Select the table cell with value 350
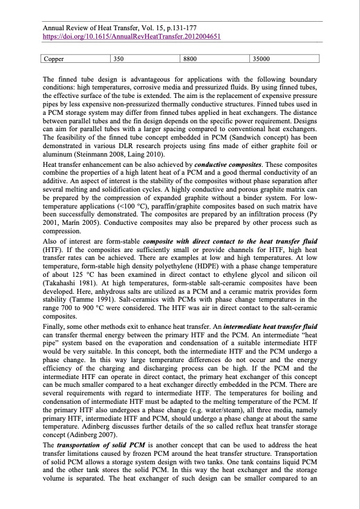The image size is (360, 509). click(x=119, y=59)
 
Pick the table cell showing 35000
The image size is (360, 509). click(x=261, y=59)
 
